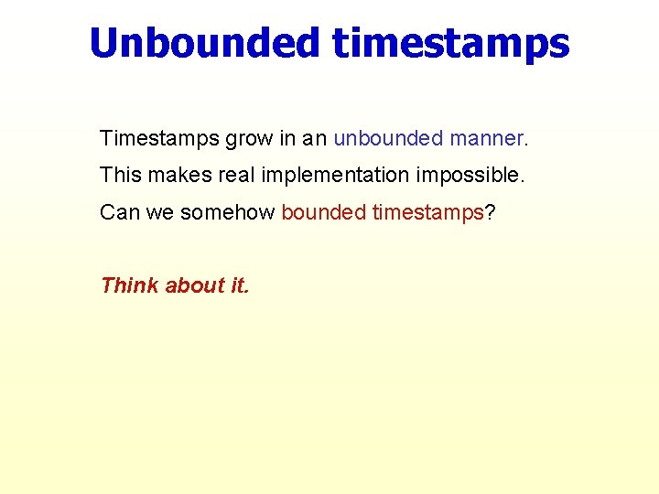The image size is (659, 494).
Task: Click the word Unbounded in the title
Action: point(205,43)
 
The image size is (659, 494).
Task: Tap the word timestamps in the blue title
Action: point(450,43)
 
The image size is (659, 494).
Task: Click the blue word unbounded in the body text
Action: point(388,139)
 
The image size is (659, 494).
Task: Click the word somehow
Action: point(227,212)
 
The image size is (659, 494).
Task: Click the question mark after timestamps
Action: point(490,212)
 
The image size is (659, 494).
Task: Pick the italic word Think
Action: point(129,285)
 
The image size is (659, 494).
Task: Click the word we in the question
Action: point(159,212)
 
